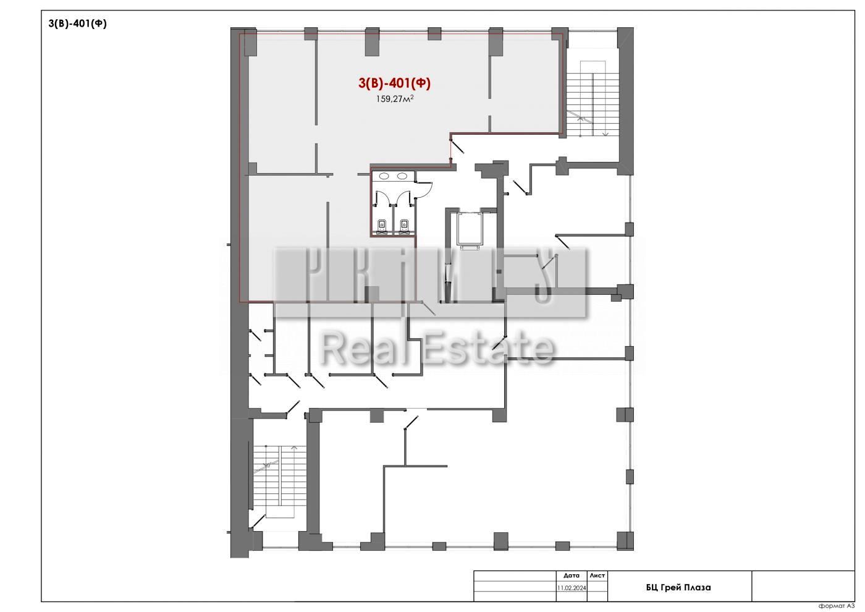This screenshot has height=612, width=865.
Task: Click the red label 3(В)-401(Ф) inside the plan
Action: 394,83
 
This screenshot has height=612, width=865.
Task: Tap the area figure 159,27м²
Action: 395,99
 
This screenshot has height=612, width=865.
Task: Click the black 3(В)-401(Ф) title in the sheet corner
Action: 77,23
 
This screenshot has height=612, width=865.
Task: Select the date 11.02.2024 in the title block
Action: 572,588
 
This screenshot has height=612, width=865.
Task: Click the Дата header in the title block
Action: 572,576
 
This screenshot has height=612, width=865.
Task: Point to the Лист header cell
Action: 597,576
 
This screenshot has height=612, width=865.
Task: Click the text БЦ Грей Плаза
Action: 678,588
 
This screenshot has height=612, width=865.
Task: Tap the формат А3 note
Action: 837,606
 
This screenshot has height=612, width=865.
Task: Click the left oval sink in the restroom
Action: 384,176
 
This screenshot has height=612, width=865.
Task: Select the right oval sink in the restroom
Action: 402,176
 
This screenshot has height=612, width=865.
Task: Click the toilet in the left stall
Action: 382,226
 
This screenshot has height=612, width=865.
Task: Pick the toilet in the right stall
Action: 404,226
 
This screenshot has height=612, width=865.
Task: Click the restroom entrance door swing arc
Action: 429,189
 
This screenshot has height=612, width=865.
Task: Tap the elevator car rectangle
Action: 470,229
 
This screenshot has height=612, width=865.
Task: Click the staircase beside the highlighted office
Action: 592,98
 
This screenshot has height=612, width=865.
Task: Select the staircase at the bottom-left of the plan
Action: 279,482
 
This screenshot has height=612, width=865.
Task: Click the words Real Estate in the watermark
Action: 437,349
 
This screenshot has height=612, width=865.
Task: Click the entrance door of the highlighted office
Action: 457,145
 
